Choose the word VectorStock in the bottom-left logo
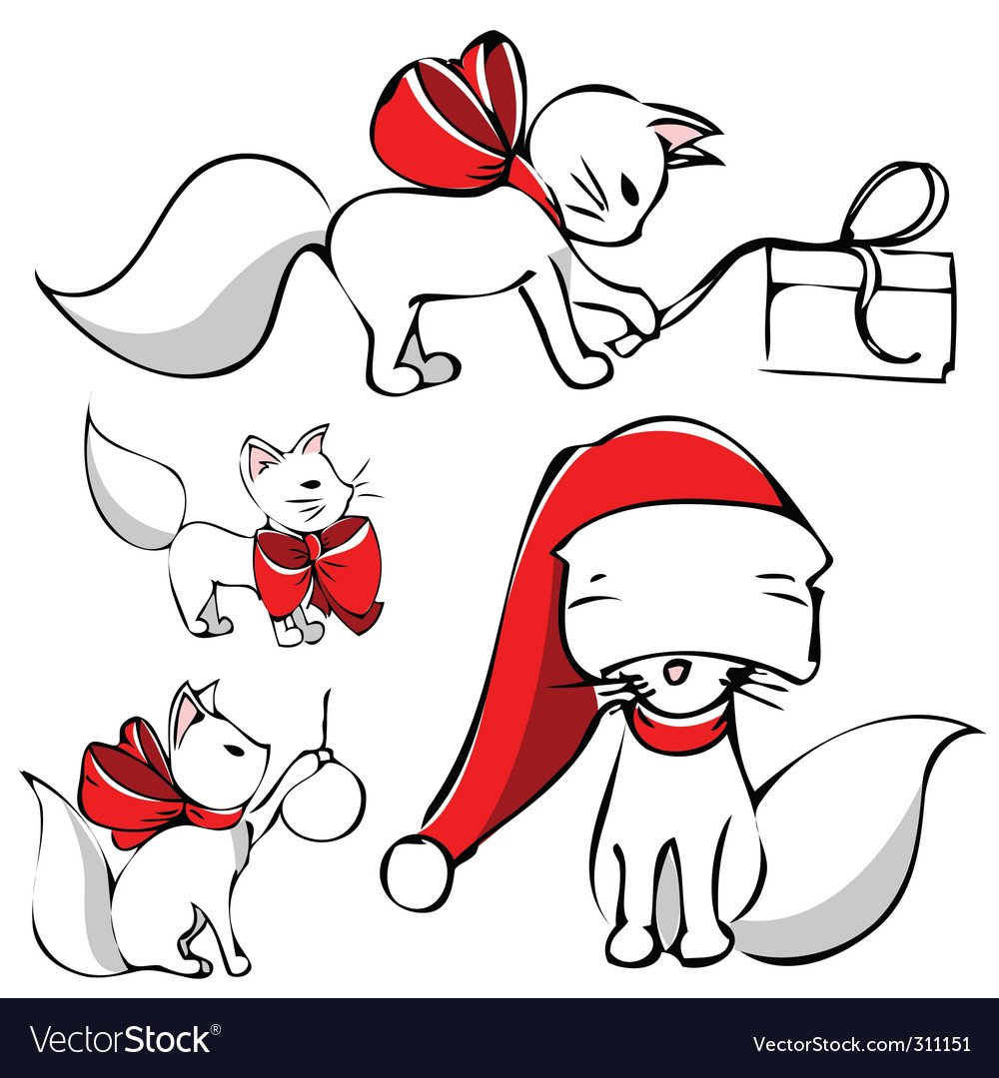pyautogui.click(x=121, y=1039)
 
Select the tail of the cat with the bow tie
pyautogui.click(x=131, y=488)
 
